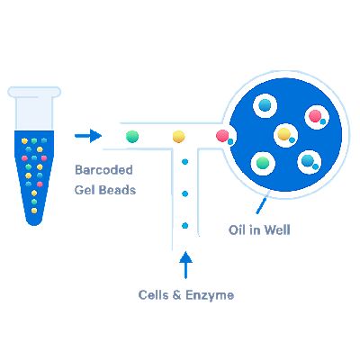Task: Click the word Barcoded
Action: (x=103, y=168)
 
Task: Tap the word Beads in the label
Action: (x=121, y=190)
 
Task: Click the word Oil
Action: (x=238, y=230)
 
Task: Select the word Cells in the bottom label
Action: (x=154, y=294)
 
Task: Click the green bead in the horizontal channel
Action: (x=132, y=136)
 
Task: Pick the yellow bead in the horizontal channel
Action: (x=179, y=136)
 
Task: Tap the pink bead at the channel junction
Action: (x=222, y=136)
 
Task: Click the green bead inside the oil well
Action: (x=264, y=163)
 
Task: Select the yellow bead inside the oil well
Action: (x=284, y=134)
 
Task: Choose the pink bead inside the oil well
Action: (x=315, y=115)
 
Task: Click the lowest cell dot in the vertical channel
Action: (x=184, y=224)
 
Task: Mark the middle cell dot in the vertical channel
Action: (x=184, y=193)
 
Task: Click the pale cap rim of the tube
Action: (x=33, y=91)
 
